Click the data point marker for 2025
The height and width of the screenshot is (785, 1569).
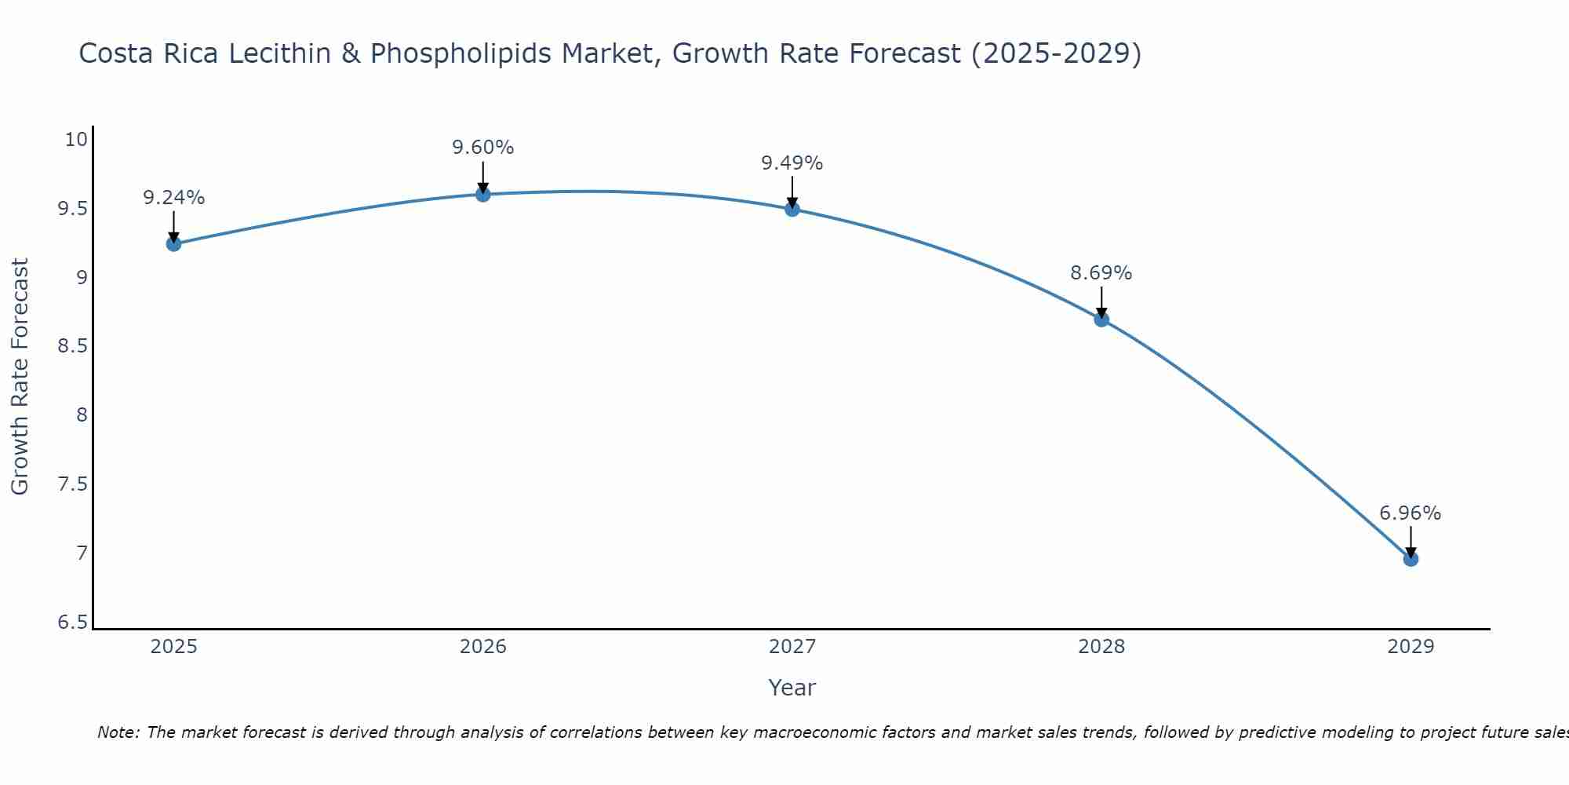point(173,244)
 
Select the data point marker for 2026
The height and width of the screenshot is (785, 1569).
point(483,194)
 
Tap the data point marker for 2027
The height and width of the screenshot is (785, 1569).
point(792,209)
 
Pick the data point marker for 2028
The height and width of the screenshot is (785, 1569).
point(1101,319)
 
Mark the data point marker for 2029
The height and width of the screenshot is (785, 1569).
point(1411,559)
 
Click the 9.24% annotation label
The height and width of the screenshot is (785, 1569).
point(173,198)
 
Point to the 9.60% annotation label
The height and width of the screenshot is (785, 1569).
point(483,148)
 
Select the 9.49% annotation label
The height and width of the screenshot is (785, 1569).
point(792,163)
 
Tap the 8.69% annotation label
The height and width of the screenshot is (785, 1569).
point(1101,273)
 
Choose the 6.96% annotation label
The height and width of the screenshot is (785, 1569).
point(1411,513)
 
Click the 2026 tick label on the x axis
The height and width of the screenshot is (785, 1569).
point(483,647)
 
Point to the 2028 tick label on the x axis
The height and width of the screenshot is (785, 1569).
point(1101,647)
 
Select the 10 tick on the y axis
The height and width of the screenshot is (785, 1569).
point(75,140)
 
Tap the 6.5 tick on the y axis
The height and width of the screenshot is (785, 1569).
point(73,623)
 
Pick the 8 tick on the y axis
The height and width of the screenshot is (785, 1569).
point(82,415)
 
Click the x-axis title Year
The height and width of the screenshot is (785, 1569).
point(792,688)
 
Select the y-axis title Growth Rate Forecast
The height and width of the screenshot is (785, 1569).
point(20,377)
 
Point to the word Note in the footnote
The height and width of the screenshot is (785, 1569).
point(118,732)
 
